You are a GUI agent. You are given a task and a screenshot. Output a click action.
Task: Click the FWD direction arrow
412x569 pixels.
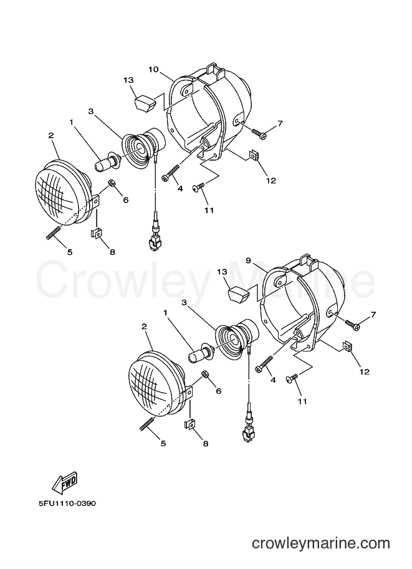(x=65, y=482)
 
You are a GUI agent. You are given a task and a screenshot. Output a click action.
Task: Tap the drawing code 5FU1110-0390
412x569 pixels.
(x=67, y=504)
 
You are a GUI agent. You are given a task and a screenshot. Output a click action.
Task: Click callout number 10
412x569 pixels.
(x=153, y=69)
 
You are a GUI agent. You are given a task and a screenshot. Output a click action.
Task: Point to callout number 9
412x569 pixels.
(x=248, y=261)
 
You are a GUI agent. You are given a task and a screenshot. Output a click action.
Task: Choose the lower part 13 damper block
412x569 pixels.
(x=237, y=294)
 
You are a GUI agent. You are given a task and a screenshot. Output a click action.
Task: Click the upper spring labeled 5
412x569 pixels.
(x=54, y=232)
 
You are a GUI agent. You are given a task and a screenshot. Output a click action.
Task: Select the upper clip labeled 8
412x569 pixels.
(x=96, y=232)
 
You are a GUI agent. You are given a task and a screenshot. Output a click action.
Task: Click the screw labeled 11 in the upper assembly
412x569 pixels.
(x=199, y=186)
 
